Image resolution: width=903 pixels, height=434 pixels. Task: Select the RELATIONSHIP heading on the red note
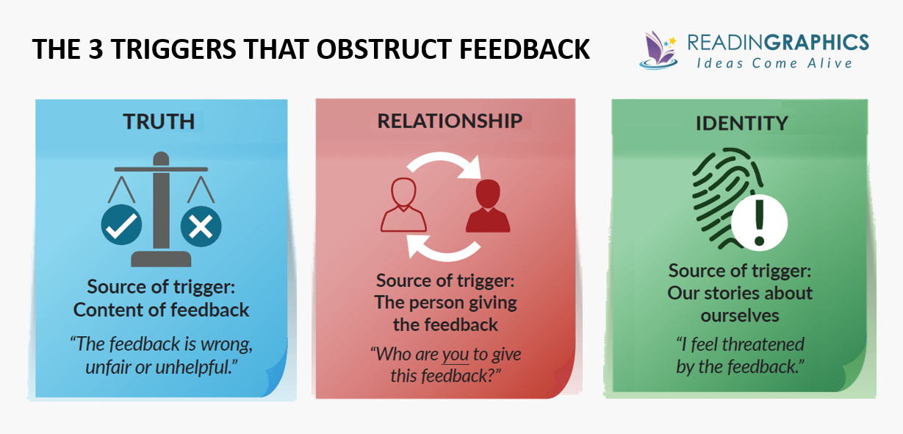[x=450, y=121]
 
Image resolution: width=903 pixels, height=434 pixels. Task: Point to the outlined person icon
[x=402, y=205]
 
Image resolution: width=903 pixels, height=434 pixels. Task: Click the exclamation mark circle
[x=759, y=223]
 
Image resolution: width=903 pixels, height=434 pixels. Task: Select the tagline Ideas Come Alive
[x=774, y=63]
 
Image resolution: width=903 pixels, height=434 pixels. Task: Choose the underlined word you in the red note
[x=455, y=354]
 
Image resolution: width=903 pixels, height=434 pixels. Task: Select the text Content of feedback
[x=162, y=310]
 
